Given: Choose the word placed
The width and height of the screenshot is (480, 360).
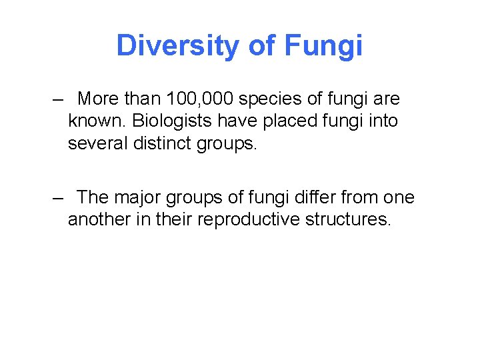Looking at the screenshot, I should pos(300,122).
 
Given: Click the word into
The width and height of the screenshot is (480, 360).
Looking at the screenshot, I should pos(385,122).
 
